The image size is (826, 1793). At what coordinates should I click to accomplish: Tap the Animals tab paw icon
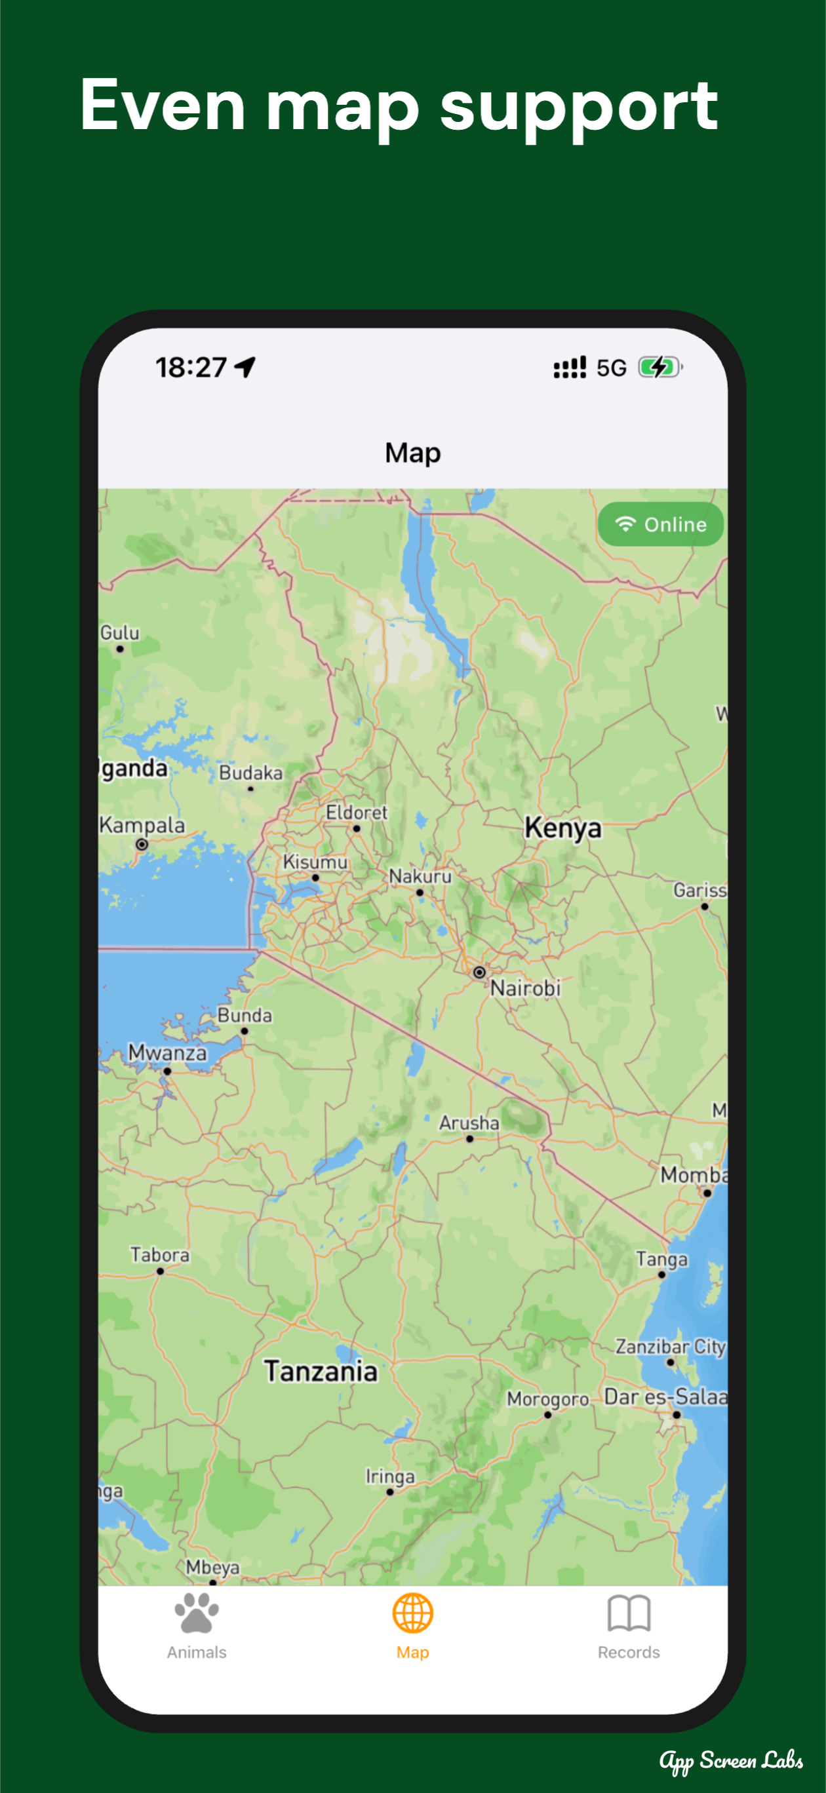(197, 1613)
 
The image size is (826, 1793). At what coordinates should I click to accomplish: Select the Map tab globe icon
(412, 1613)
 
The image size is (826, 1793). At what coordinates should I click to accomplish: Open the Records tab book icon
(628, 1613)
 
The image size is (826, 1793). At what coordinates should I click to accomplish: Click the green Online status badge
(660, 524)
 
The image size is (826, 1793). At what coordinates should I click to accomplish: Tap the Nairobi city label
(525, 988)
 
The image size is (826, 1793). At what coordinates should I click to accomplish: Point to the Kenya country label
(562, 828)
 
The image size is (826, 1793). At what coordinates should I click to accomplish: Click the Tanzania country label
(321, 1371)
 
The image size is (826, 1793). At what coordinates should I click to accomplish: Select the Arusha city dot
(469, 1140)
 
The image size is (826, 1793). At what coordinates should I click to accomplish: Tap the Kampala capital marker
(142, 844)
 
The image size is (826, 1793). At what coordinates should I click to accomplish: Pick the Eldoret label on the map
(356, 812)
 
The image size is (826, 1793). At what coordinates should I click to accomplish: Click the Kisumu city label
(315, 862)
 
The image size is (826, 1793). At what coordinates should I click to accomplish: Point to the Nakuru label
(420, 876)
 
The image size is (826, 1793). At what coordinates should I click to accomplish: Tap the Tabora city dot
(160, 1271)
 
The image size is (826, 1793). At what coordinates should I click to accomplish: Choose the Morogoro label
(547, 1398)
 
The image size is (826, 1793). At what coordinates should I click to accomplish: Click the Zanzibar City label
(670, 1347)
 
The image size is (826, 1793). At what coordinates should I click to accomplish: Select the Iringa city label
(390, 1476)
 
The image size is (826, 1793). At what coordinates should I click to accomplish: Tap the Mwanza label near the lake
(167, 1052)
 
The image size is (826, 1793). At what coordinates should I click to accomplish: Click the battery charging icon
(659, 367)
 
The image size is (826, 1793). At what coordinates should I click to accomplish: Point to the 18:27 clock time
(191, 367)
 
